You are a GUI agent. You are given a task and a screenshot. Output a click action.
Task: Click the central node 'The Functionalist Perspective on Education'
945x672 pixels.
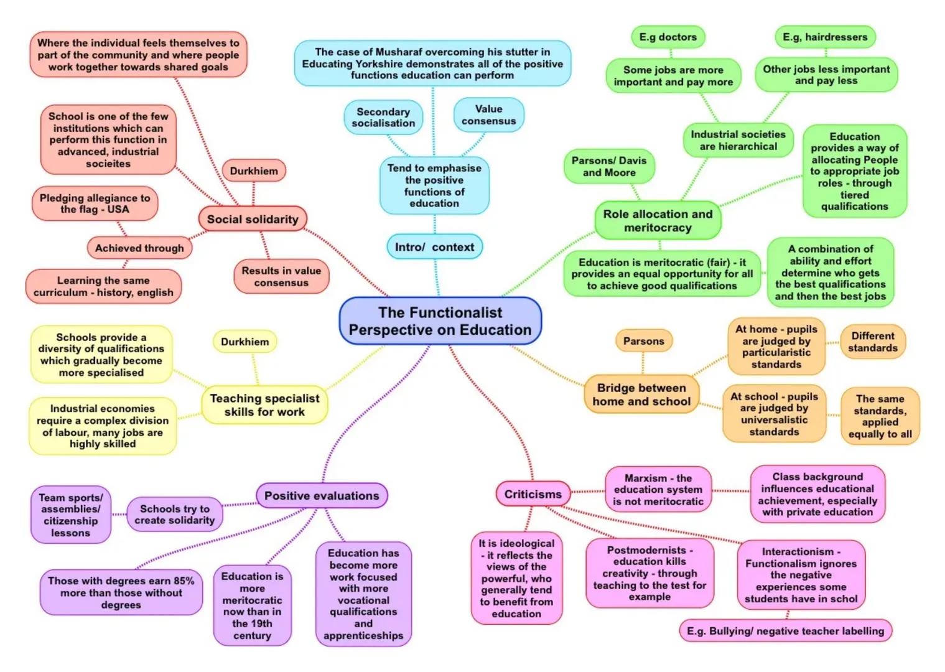440,321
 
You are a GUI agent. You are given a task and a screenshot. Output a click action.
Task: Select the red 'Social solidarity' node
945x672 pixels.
253,219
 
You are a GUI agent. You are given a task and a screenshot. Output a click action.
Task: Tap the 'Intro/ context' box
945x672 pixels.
434,247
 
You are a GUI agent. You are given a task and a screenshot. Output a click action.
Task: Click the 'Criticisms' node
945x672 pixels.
533,494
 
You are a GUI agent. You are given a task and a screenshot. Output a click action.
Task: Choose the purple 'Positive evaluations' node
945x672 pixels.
322,496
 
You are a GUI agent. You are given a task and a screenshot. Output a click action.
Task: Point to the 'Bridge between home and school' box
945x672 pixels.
641,394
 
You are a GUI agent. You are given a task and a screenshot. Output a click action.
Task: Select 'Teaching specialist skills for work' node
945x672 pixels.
264,405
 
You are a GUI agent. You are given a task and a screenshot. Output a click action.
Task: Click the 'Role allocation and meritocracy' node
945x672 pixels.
658,221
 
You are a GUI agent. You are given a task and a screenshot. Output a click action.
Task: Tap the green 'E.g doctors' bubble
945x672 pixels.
668,37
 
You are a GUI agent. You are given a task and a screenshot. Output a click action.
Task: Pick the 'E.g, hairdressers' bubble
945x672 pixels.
824,37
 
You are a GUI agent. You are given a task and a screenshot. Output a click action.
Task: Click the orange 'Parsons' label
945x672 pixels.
643,341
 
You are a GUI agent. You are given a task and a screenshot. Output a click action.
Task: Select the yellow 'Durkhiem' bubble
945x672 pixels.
245,342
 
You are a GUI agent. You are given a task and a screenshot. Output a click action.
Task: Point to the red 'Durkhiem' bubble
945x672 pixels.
254,171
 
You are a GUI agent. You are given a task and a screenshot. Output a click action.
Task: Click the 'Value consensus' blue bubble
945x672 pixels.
488,115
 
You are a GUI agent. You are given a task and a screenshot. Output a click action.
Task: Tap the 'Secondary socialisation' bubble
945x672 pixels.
383,118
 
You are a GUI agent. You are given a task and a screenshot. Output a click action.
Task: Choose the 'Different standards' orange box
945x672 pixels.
872,342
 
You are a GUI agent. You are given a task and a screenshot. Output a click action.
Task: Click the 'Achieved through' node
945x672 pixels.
139,248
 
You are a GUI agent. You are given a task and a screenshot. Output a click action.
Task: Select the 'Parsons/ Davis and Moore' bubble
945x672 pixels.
609,166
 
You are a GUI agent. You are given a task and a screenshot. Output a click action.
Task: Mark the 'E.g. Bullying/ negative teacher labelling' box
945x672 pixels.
785,631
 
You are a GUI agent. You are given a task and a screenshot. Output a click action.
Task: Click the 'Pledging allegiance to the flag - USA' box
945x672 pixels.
95,203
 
